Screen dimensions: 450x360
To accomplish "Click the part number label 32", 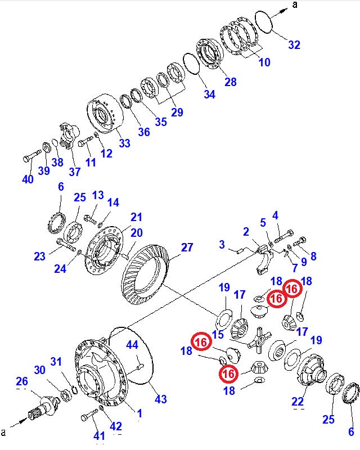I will coord(294,46).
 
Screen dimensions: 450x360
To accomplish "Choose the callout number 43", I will coord(161,399).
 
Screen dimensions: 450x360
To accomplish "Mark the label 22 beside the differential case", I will coord(298,401).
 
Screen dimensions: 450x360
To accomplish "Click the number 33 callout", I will coord(124,143).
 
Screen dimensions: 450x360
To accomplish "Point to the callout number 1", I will coord(139,413).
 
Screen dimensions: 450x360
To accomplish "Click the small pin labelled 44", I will coord(140,368).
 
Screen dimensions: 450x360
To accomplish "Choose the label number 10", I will coord(264,62).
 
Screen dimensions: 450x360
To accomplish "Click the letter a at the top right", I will coord(294,5).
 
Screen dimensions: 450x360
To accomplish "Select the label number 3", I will coord(222,245).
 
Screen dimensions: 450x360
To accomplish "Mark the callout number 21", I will coord(137,217).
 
